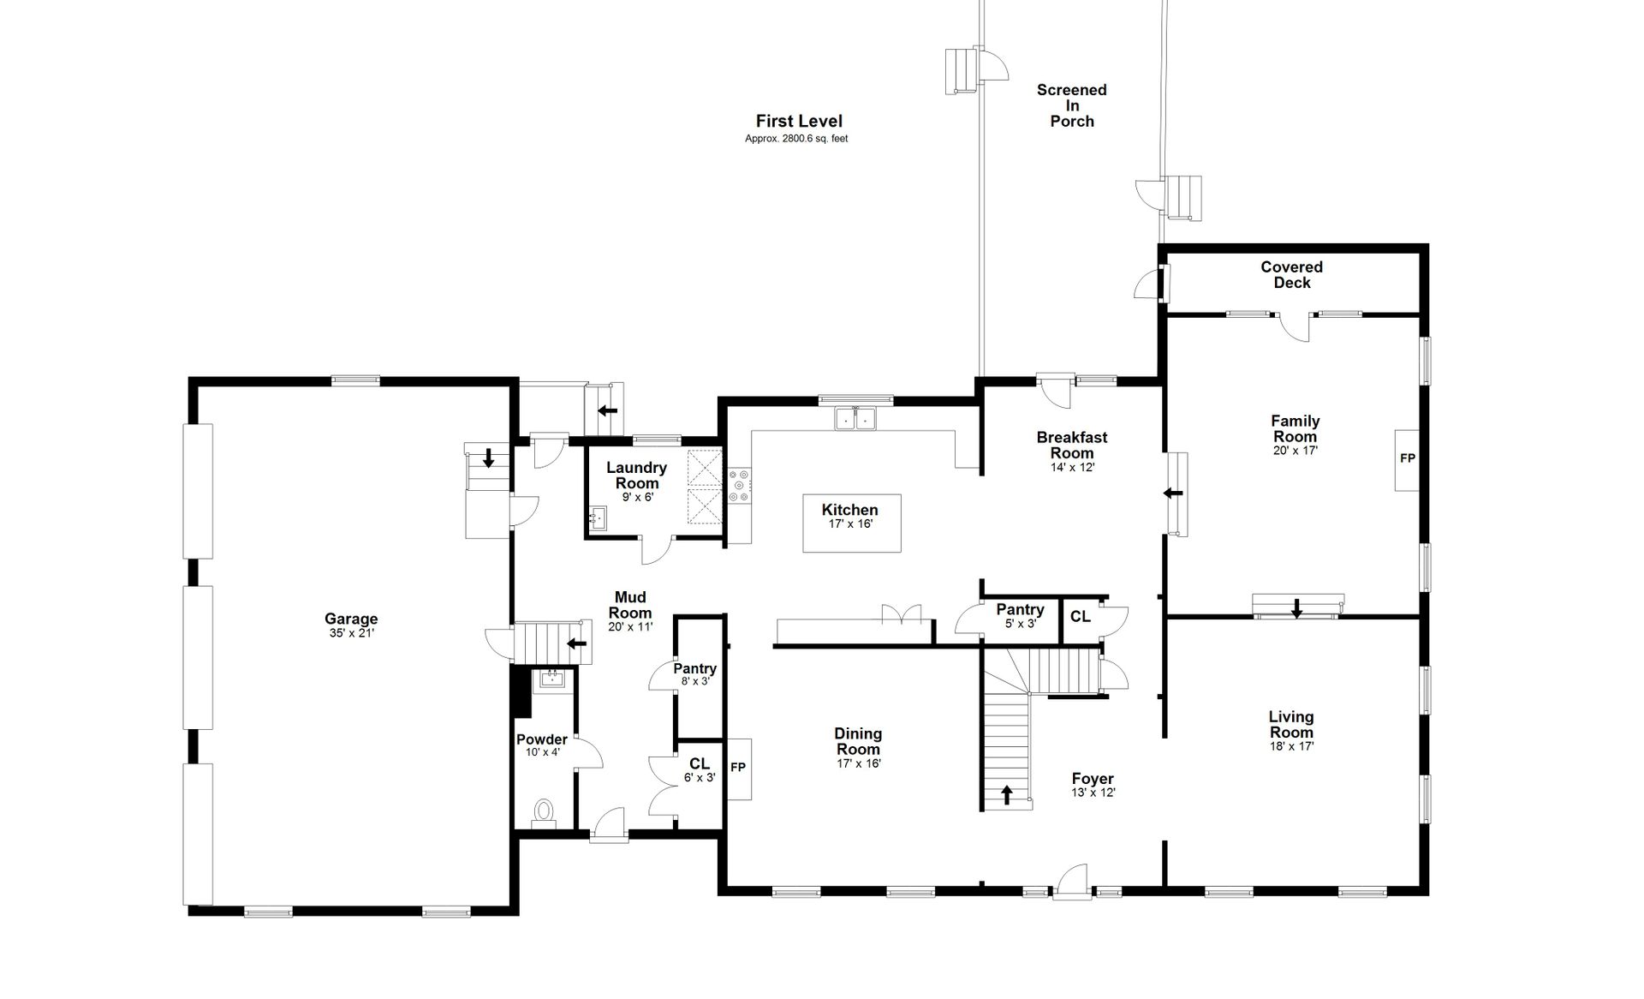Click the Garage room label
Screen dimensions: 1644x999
pyautogui.click(x=351, y=619)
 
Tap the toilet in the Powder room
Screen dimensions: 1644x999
pyautogui.click(x=543, y=811)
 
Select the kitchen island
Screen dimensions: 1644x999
pyautogui.click(x=851, y=523)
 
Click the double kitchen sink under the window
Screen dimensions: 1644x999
pyautogui.click(x=855, y=419)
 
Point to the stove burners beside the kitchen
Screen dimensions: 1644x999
pyautogui.click(x=739, y=485)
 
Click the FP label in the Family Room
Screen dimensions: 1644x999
pyautogui.click(x=1408, y=458)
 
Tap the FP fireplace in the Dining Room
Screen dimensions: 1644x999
pyautogui.click(x=739, y=768)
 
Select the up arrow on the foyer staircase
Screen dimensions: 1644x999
pyautogui.click(x=1007, y=795)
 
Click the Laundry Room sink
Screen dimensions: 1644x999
pyautogui.click(x=598, y=517)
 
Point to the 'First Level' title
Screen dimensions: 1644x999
pyautogui.click(x=799, y=122)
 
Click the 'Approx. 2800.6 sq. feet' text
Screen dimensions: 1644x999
pyautogui.click(x=796, y=139)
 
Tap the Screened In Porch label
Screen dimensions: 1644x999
pyautogui.click(x=1072, y=105)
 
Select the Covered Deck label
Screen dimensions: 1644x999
pyautogui.click(x=1292, y=275)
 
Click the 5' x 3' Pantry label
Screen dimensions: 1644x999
pyautogui.click(x=1021, y=616)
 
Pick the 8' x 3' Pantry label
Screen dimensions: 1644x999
pyautogui.click(x=695, y=674)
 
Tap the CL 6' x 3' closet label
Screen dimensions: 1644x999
pyautogui.click(x=700, y=770)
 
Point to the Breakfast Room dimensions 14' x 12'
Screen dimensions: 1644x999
pyautogui.click(x=1072, y=468)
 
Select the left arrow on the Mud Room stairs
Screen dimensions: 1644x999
pyautogui.click(x=578, y=643)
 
